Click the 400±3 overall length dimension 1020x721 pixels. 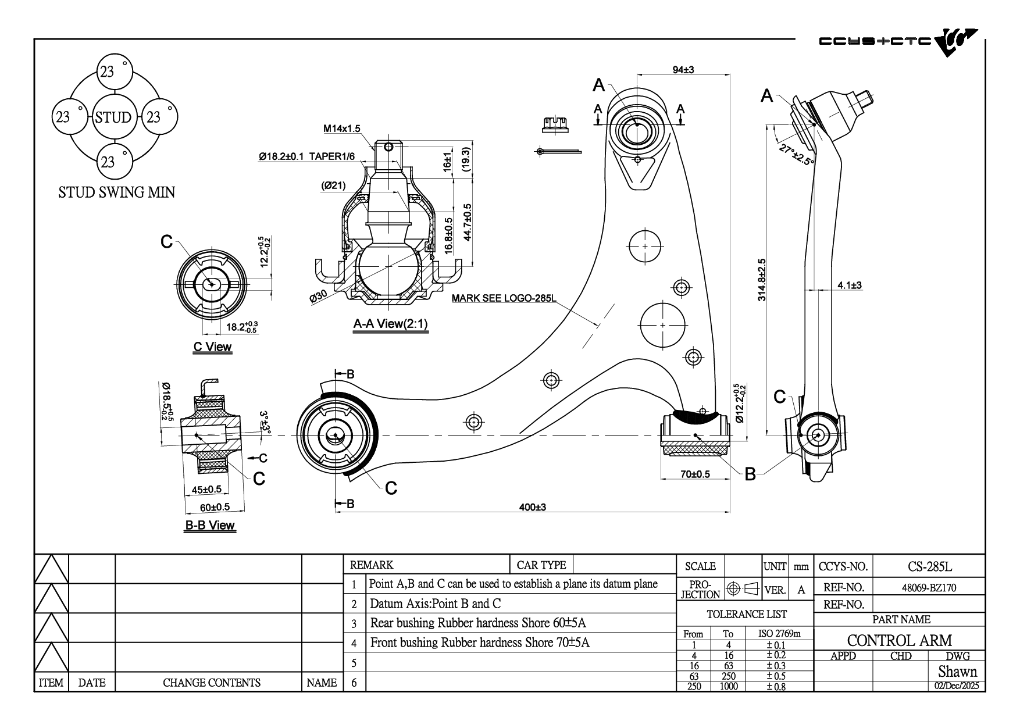pyautogui.click(x=532, y=507)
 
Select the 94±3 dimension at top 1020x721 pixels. pyautogui.click(x=683, y=70)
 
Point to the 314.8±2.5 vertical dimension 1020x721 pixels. pyautogui.click(x=762, y=280)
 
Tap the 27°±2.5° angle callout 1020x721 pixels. pyautogui.click(x=796, y=155)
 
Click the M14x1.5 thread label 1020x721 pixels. pyautogui.click(x=342, y=129)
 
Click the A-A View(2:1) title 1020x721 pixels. pyautogui.click(x=391, y=324)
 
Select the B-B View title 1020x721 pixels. pyautogui.click(x=210, y=525)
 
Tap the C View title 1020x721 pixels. pyautogui.click(x=212, y=347)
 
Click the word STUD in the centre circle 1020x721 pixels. pyautogui.click(x=113, y=117)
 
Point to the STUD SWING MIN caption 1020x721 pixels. pyautogui.click(x=116, y=192)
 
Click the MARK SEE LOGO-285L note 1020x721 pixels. pyautogui.click(x=504, y=299)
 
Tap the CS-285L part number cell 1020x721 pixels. pyautogui.click(x=929, y=566)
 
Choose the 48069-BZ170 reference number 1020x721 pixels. pyautogui.click(x=929, y=588)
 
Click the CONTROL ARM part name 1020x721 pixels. pyautogui.click(x=899, y=641)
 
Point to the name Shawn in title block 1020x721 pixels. pyautogui.click(x=957, y=672)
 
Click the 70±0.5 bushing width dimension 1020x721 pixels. pyautogui.click(x=695, y=474)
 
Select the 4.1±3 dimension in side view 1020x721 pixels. pyautogui.click(x=849, y=285)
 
